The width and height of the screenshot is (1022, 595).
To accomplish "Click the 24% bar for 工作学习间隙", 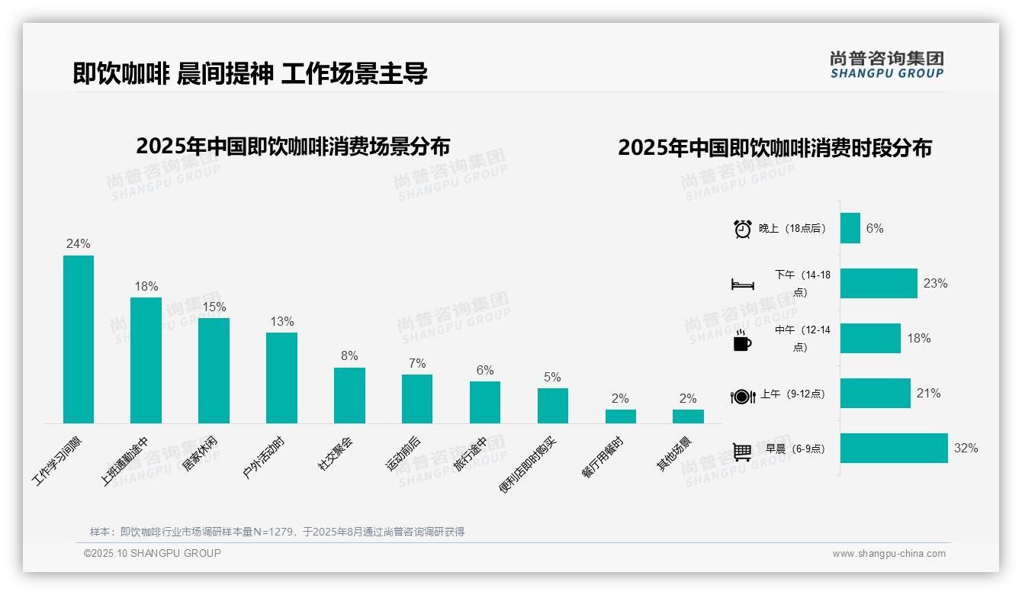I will pos(78,339).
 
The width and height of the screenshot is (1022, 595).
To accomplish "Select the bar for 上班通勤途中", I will pos(146,360).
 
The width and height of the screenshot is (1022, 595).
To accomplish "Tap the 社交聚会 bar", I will pos(349,395).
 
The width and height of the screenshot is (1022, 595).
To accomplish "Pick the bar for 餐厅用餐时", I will pos(620,416).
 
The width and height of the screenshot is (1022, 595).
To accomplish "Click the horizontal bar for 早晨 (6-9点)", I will pos(894,449).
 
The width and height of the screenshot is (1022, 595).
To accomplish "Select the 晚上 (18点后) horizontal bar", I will pos(850,228).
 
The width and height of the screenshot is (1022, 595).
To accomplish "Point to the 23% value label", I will pos(935,284).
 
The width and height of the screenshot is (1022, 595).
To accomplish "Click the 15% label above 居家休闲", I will pos(214,307).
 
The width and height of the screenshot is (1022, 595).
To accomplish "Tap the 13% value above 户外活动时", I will pos(281,322).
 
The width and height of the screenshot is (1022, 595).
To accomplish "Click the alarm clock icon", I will pos(742,229).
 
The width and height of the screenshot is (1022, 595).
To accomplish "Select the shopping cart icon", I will pos(742,452).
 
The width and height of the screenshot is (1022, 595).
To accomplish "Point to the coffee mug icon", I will pos(742,341).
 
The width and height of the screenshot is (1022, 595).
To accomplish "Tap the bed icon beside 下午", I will pos(742,285).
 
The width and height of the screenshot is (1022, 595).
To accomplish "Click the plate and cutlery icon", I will pos(742,396).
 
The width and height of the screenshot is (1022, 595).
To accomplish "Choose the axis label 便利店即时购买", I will pos(529,465).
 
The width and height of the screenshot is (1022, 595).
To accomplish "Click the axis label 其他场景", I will pos(674,454).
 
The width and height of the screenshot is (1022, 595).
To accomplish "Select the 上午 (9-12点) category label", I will pos(792,394).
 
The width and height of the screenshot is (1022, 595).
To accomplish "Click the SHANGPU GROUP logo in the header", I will pos(886,65).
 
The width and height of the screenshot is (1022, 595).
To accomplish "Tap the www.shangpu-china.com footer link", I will pos(889,554).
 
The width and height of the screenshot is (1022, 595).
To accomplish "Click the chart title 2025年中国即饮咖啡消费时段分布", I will pos(774,148).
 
